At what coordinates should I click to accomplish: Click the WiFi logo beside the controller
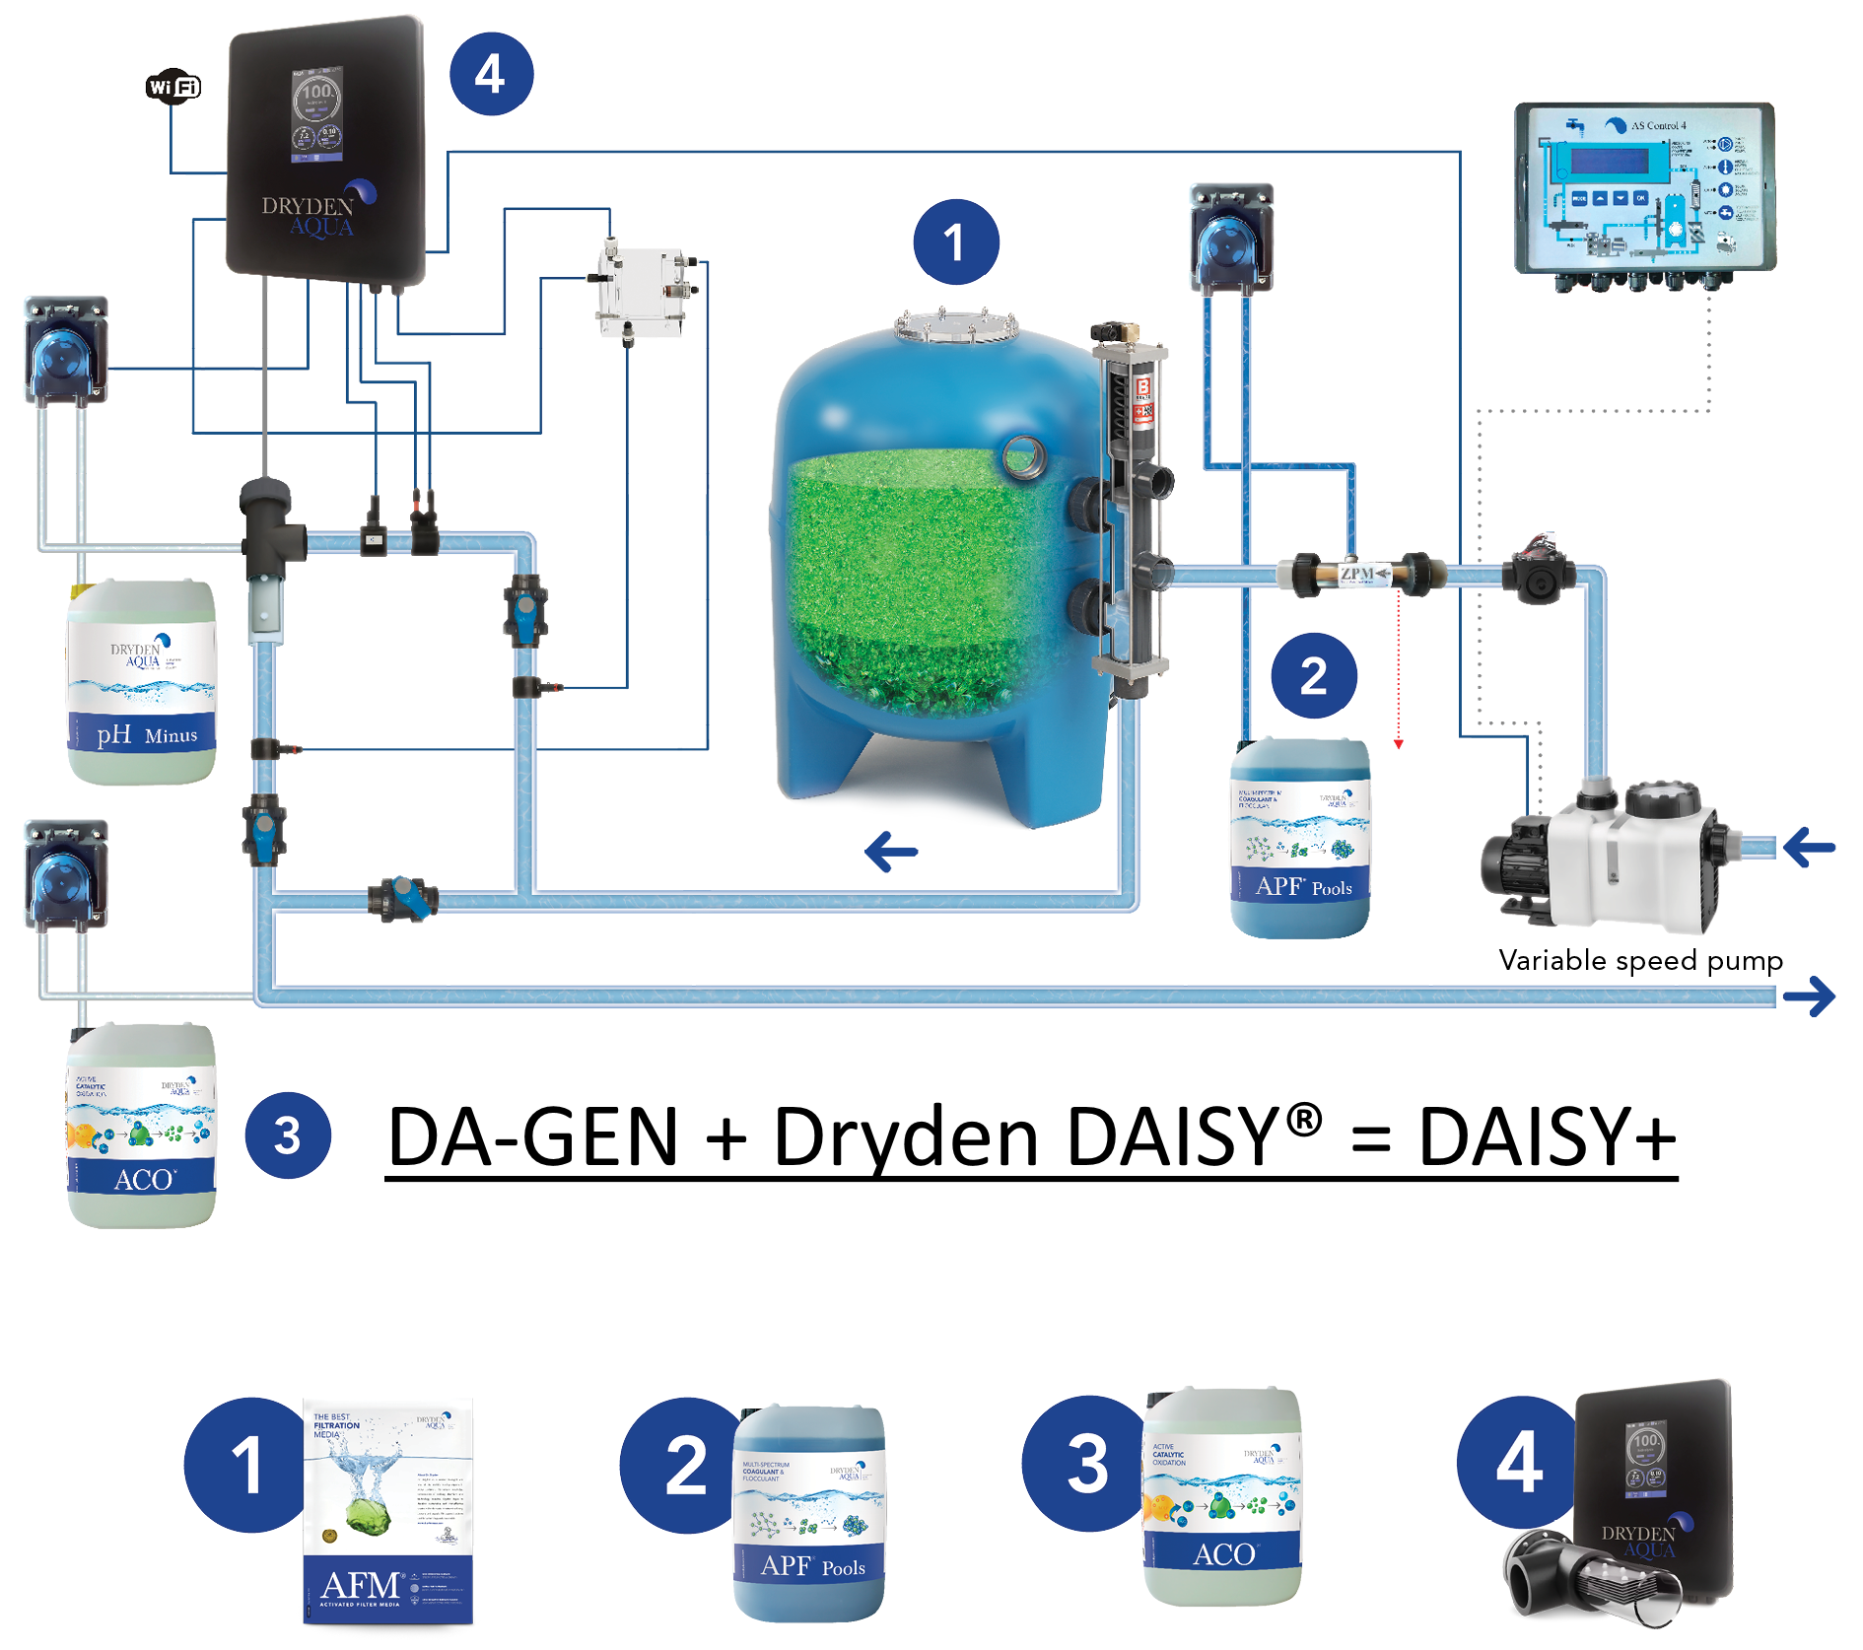(x=173, y=87)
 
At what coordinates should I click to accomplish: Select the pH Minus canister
(x=142, y=683)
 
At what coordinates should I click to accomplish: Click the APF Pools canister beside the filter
(x=1300, y=839)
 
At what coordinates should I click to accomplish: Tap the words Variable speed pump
(x=1640, y=960)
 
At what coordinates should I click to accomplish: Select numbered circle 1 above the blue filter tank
(x=955, y=242)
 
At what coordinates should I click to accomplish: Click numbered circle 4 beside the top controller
(x=491, y=75)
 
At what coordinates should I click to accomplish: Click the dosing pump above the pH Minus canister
(x=66, y=351)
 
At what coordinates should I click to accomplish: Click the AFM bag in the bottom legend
(x=387, y=1511)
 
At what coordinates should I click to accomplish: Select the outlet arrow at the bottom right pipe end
(x=1810, y=996)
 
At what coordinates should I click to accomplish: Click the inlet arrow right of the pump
(x=1810, y=847)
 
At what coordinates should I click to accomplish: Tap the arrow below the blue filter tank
(x=891, y=851)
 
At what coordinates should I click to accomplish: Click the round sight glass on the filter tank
(x=1023, y=456)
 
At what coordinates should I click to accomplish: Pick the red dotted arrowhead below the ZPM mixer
(x=1398, y=744)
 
